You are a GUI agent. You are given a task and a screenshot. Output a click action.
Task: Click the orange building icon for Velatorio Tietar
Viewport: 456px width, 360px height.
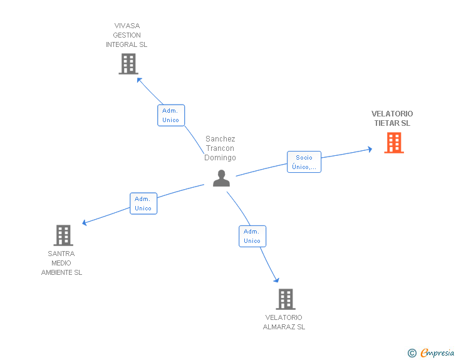394,143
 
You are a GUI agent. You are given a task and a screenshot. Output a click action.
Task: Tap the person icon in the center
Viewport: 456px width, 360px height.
221,178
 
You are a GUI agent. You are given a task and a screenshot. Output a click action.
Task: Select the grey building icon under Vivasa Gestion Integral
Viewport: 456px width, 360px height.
128,64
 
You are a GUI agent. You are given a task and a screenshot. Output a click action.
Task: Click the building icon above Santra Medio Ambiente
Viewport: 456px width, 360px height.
63,235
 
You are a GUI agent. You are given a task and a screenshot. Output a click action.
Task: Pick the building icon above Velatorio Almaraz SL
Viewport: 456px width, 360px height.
286,299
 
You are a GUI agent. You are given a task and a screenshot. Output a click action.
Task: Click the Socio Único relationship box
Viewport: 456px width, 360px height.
304,162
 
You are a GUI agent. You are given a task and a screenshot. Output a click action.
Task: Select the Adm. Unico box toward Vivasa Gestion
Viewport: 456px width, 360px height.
171,115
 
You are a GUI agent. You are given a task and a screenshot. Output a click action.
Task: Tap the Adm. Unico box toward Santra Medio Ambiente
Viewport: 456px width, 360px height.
143,203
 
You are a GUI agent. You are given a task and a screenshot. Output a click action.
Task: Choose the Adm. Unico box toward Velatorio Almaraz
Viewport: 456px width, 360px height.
252,236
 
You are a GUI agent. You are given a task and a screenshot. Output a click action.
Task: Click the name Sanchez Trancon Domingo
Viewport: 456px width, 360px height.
220,148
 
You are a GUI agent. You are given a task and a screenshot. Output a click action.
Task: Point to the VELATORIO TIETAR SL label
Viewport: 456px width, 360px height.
392,118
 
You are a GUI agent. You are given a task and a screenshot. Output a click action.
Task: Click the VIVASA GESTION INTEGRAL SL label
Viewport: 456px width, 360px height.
127,35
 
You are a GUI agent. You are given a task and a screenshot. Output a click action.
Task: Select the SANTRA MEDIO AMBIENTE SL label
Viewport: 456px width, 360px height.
61,263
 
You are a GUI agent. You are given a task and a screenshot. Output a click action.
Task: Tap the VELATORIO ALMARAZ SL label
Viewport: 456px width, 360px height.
284,322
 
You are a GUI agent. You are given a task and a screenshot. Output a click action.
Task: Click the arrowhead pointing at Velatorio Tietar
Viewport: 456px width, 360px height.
370,150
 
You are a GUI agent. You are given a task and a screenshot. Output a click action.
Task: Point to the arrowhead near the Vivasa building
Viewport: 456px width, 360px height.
139,80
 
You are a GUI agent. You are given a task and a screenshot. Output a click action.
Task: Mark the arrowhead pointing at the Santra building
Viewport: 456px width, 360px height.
85,223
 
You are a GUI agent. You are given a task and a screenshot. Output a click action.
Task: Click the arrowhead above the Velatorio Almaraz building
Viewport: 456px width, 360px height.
277,280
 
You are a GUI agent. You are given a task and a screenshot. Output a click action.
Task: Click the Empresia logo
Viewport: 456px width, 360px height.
437,352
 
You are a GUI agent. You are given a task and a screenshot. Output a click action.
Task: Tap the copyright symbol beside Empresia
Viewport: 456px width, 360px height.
412,353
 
